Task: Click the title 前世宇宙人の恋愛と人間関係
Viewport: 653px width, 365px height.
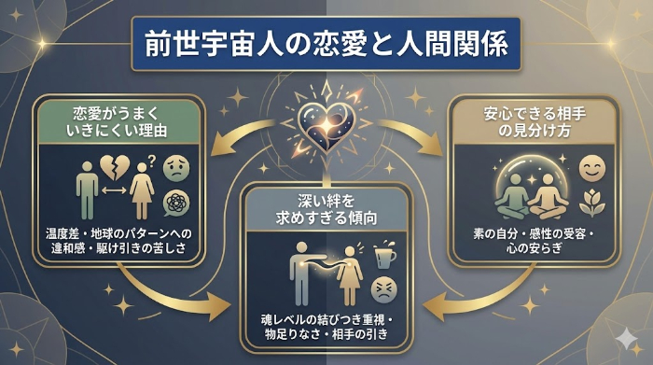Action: [326, 43]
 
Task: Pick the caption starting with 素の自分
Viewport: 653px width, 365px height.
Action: [530, 238]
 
